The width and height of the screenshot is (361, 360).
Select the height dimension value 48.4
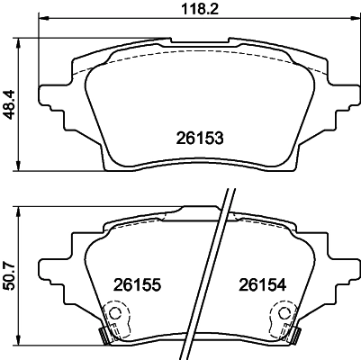click(10, 103)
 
